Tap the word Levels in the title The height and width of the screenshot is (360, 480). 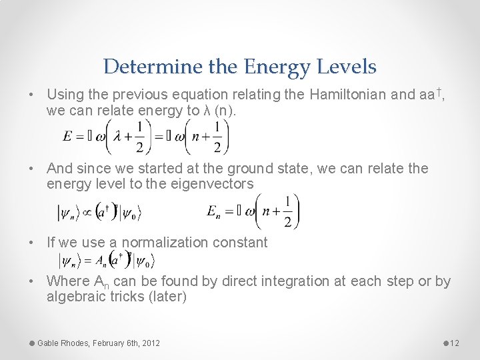point(347,67)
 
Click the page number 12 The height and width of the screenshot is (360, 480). point(455,343)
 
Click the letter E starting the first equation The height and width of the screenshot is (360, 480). point(68,136)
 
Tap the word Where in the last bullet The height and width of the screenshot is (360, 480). point(66,281)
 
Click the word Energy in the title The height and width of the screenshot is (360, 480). point(275,67)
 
